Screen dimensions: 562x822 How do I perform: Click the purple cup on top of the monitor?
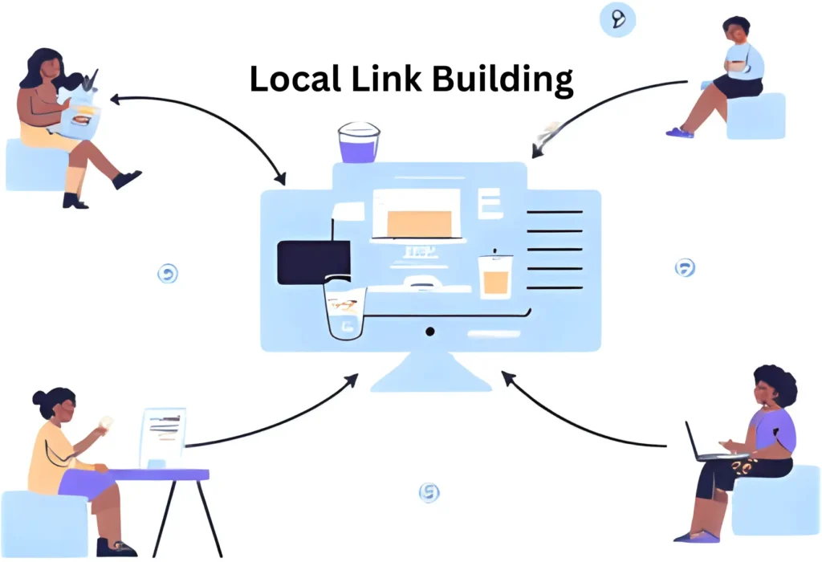coord(359,145)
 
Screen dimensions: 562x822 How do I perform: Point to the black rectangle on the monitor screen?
coord(312,263)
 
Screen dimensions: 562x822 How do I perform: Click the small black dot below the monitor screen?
coord(430,331)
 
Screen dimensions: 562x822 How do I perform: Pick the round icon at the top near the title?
coord(618,19)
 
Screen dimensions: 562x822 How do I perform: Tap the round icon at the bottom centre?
coord(429,492)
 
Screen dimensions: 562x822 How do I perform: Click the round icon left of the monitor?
coord(168,274)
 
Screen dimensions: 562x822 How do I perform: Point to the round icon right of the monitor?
coord(685,267)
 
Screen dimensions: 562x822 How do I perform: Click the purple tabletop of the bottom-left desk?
coord(157,475)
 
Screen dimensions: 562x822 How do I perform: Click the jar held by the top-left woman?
coord(80,112)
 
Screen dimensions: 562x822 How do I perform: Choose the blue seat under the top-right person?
coord(755,117)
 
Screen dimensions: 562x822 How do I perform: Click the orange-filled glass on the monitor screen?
coord(494,279)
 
